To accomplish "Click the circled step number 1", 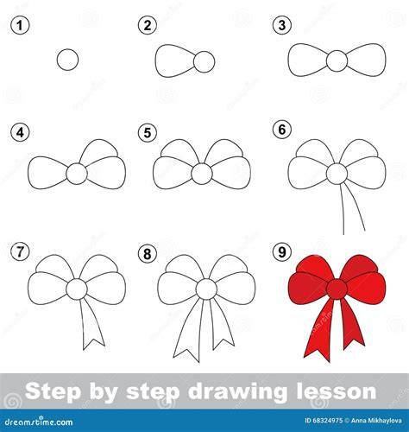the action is click(x=20, y=25).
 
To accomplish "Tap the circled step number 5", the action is click(x=148, y=133).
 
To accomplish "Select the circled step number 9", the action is click(x=282, y=252).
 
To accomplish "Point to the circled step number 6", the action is click(x=282, y=130).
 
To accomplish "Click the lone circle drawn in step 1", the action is click(x=67, y=60).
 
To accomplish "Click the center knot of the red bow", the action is click(x=337, y=289).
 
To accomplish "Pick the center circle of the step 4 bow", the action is click(x=77, y=174).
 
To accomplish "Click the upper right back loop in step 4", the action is click(x=99, y=149).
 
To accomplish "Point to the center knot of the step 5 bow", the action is click(x=202, y=174).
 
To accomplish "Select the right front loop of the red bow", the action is click(x=364, y=288).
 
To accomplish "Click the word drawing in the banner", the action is click(x=236, y=392).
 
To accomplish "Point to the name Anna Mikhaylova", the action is click(x=376, y=421).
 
